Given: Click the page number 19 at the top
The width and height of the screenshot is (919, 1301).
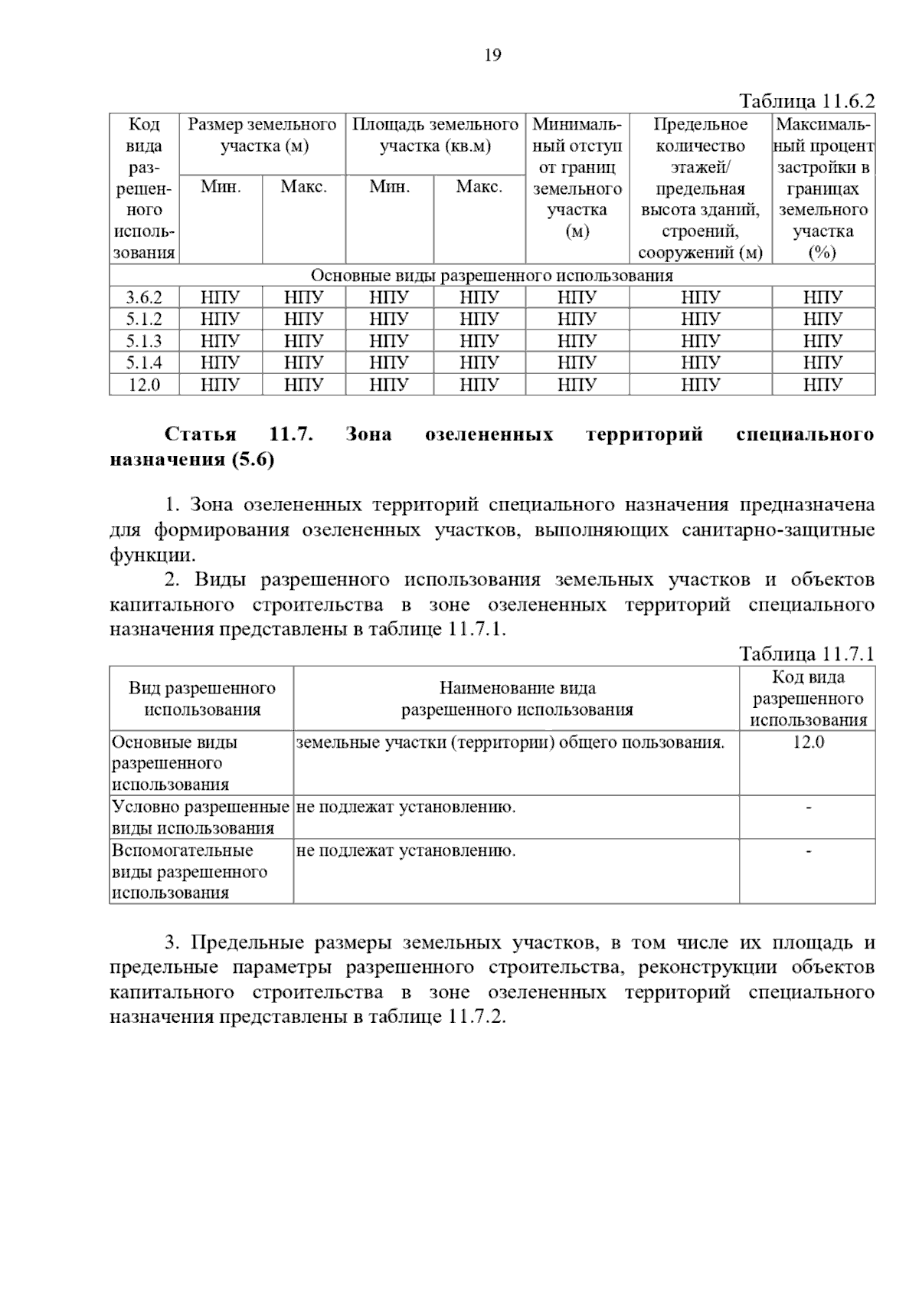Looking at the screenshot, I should point(492,55).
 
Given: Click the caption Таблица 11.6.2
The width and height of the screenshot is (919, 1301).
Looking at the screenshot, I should point(806,102).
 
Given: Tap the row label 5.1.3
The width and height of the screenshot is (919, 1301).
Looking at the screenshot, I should point(144,341).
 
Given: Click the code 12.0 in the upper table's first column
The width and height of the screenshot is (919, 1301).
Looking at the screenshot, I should point(144,385).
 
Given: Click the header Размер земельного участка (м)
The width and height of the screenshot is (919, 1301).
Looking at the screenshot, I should point(262,135).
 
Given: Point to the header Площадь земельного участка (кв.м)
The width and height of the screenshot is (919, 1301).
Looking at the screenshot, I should point(435,135).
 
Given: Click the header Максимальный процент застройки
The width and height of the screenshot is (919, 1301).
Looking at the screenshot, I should point(823,188).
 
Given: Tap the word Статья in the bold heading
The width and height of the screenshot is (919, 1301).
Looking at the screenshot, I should point(201,434).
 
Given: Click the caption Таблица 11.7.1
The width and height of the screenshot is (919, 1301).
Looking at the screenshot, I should point(806,654).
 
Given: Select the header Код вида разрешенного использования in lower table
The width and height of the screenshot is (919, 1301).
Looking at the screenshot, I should point(808,698).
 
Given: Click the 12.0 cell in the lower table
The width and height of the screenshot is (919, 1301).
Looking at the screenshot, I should point(808,742).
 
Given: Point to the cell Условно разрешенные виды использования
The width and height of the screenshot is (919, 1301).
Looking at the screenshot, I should point(201,817).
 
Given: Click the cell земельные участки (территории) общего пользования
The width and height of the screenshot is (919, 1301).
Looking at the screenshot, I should point(510,742).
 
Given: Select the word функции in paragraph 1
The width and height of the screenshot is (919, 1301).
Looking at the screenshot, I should point(152,555).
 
